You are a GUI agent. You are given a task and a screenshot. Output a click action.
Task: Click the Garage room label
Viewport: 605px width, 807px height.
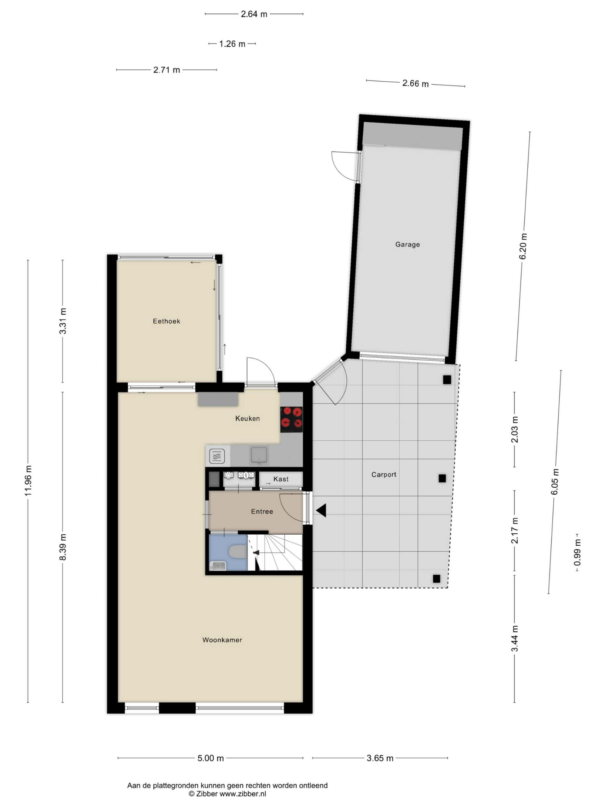407,244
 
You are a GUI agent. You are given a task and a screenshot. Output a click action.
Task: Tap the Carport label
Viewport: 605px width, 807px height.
384,474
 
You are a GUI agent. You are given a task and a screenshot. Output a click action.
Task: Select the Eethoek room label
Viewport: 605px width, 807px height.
166,321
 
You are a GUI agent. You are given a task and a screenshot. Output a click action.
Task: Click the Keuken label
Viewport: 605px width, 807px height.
247,418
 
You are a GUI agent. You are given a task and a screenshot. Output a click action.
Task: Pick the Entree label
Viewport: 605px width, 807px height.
262,512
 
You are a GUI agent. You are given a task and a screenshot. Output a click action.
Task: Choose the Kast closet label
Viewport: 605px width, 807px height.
281,479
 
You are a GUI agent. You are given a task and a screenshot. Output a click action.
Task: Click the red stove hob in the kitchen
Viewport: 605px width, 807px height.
291,420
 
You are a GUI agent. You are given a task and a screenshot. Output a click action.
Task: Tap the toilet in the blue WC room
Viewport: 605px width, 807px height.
237,551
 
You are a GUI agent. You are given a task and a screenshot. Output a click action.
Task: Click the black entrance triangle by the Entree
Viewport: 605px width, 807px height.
321,510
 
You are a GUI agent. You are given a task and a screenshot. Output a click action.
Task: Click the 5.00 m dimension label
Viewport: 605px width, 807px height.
210,758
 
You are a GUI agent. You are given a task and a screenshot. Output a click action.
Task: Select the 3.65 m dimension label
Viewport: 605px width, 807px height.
380,758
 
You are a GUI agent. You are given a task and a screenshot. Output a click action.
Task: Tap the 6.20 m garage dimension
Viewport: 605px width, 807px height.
523,246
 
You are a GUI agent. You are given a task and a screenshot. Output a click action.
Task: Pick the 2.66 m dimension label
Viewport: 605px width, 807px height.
415,84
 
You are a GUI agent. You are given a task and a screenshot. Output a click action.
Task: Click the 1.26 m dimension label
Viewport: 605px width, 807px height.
232,44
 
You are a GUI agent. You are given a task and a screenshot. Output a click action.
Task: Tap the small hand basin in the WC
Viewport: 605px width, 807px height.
218,566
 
